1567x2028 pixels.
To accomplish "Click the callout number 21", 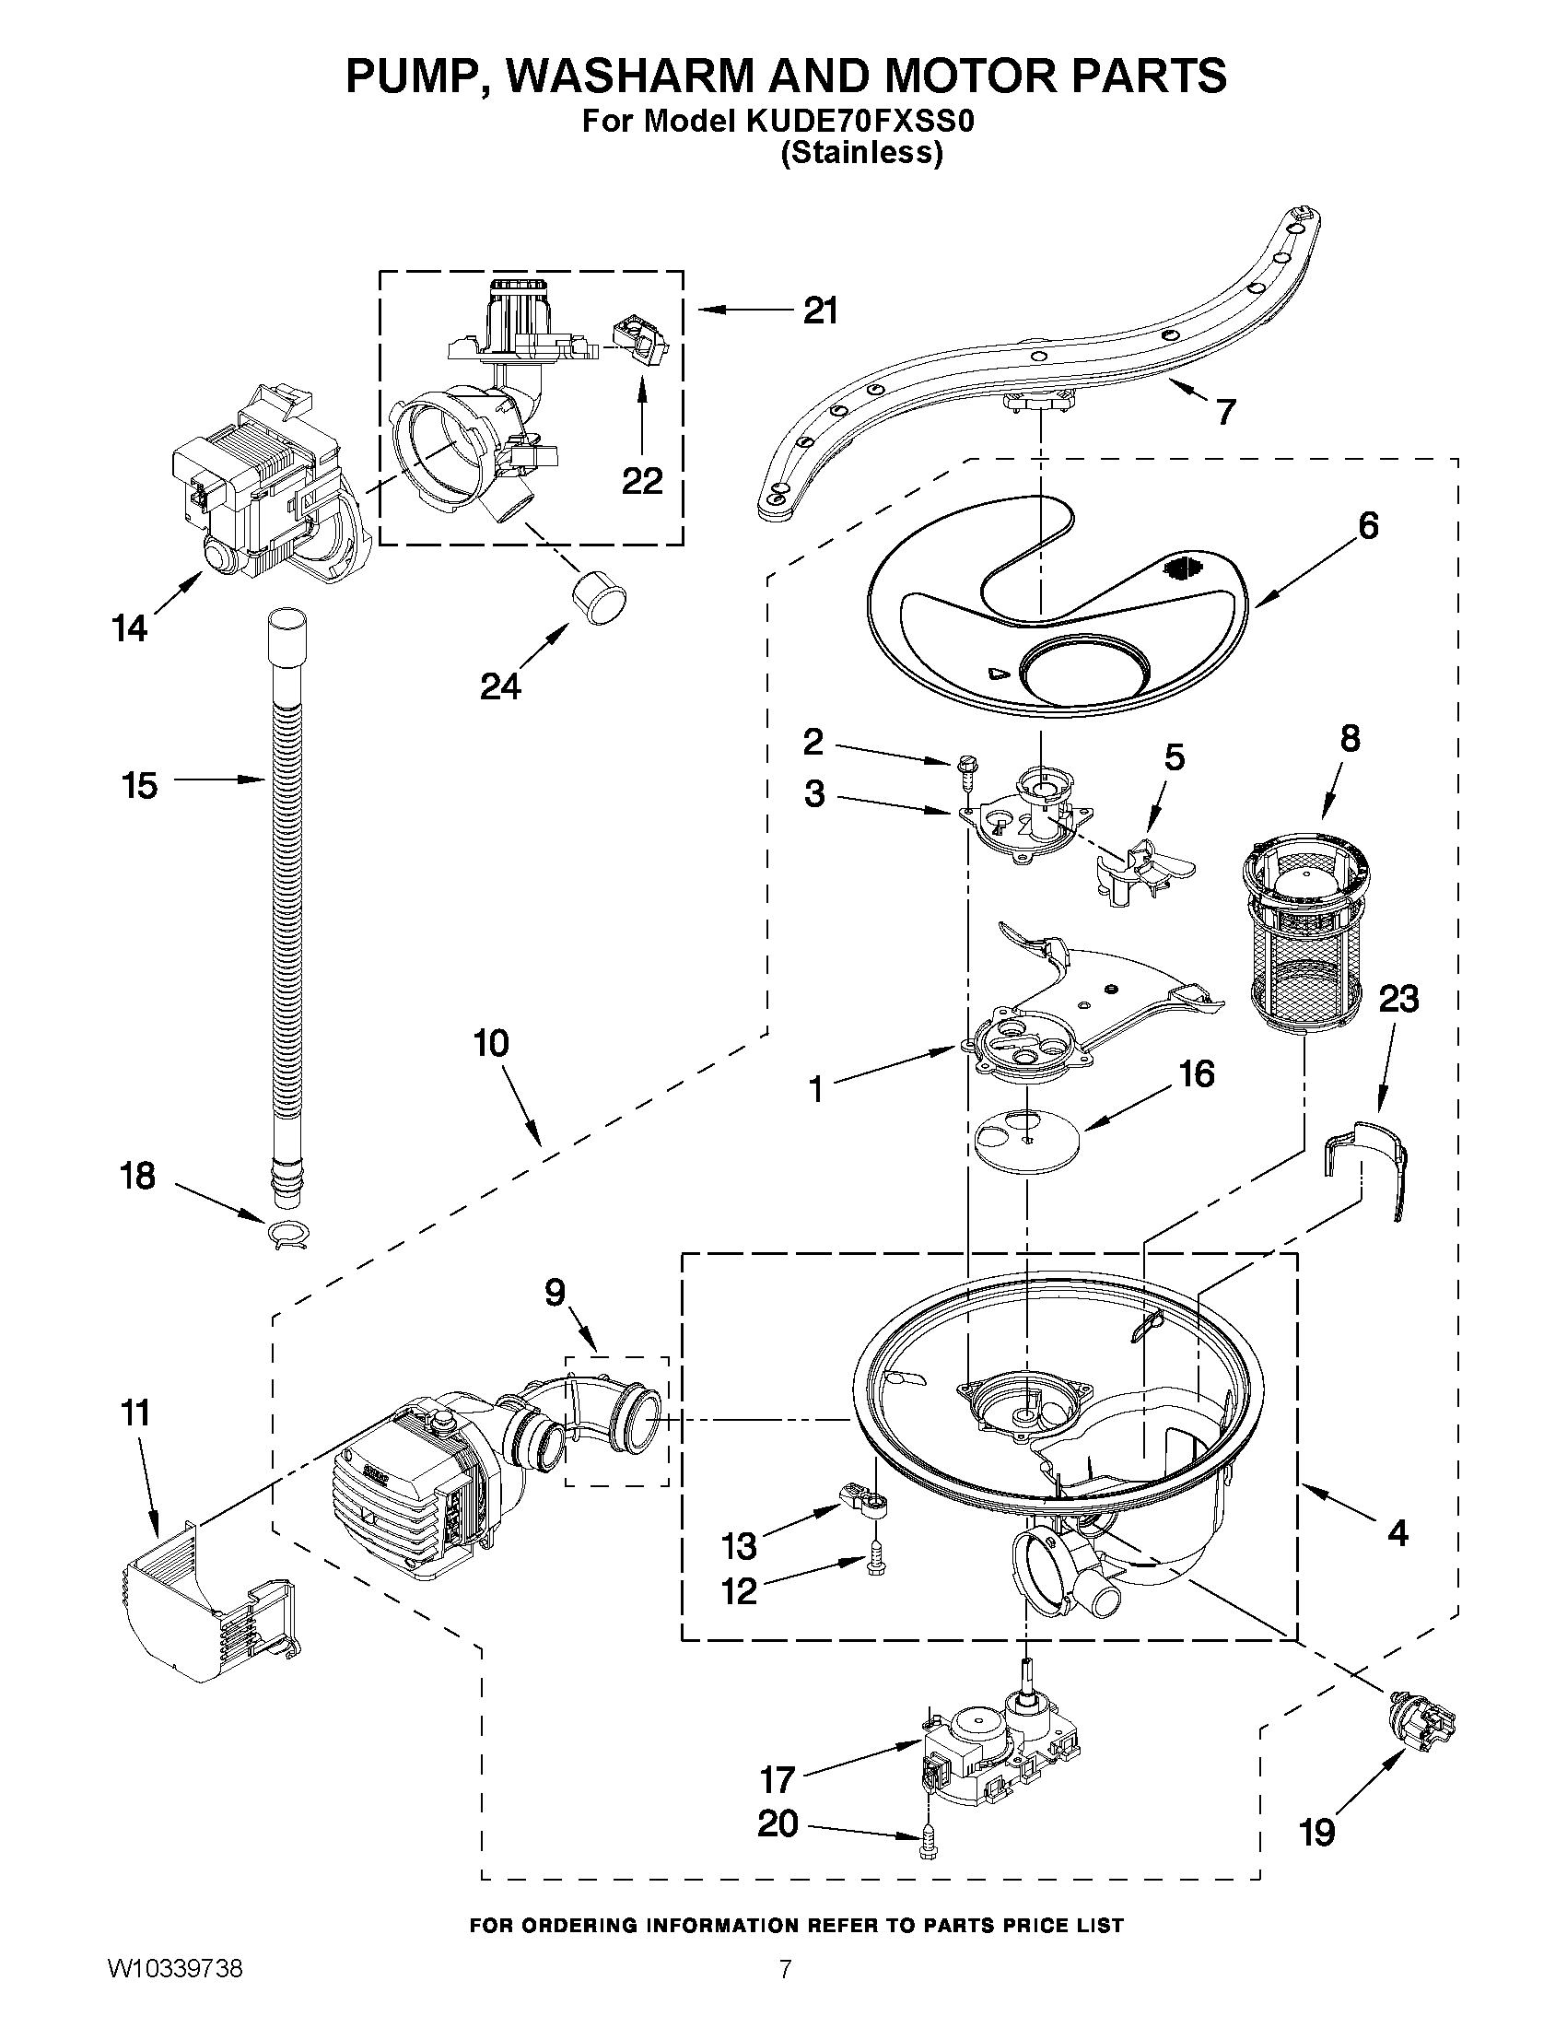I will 820,311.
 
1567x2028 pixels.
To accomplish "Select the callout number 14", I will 129,628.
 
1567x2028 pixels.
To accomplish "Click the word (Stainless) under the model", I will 860,152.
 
